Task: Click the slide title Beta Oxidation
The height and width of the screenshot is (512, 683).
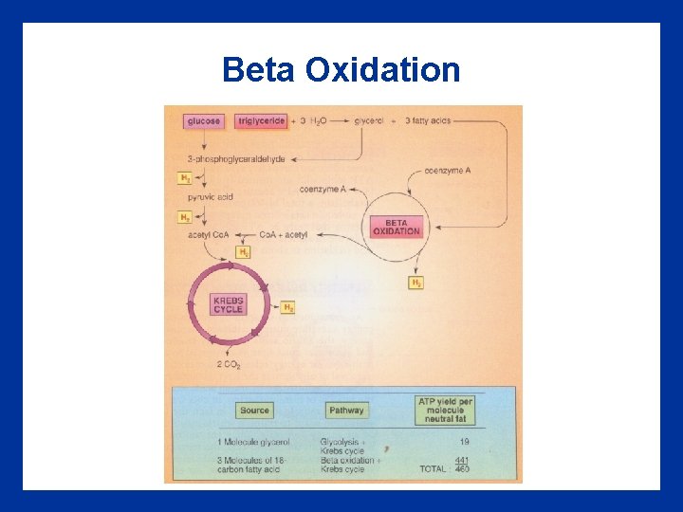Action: [341, 70]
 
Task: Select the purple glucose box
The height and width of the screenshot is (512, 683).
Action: [204, 121]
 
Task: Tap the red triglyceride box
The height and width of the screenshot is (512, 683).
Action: [260, 121]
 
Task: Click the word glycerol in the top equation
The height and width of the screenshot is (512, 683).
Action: [369, 121]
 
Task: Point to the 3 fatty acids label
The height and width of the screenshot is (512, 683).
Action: [429, 121]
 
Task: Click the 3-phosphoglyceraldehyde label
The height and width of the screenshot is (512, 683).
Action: [236, 159]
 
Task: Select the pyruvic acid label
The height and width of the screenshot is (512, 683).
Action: [210, 197]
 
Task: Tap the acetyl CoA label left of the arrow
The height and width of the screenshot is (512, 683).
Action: [210, 235]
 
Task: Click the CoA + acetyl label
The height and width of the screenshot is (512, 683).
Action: [284, 235]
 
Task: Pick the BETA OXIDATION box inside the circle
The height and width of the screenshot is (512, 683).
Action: [397, 228]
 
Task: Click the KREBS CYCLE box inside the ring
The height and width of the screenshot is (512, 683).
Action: [229, 304]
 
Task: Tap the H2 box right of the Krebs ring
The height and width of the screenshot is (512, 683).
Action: [288, 308]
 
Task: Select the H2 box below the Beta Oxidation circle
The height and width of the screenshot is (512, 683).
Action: [416, 283]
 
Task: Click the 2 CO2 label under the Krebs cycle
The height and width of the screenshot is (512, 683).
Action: [228, 365]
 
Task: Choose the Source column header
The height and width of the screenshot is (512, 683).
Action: [254, 411]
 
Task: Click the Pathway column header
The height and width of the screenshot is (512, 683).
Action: [346, 411]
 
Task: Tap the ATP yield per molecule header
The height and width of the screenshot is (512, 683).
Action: [445, 410]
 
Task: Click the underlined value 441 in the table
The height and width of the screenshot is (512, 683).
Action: [461, 460]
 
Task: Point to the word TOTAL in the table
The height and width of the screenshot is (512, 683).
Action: [434, 469]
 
